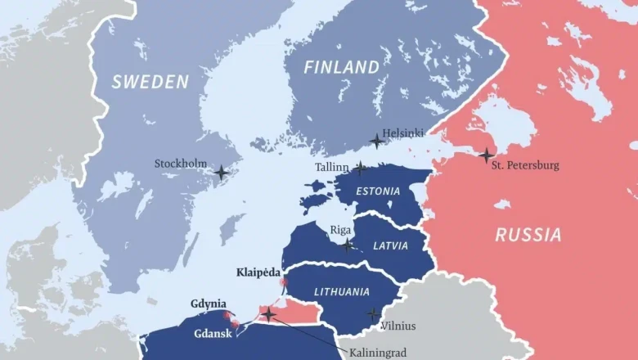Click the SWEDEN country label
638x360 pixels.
151,81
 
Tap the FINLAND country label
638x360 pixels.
342,67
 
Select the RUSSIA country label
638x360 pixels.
528,236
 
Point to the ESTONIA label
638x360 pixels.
379,191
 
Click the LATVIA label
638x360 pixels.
390,245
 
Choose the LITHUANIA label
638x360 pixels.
342,292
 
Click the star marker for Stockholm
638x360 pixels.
221,173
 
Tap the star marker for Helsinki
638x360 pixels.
376,141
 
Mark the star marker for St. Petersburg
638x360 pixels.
486,155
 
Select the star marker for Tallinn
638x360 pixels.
360,168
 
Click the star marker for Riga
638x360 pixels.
348,245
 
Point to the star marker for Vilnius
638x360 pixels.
373,314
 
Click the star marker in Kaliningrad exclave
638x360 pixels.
267,314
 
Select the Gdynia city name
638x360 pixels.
209,304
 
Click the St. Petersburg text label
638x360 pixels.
525,165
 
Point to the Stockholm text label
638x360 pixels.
181,164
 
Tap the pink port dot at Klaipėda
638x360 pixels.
284,282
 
